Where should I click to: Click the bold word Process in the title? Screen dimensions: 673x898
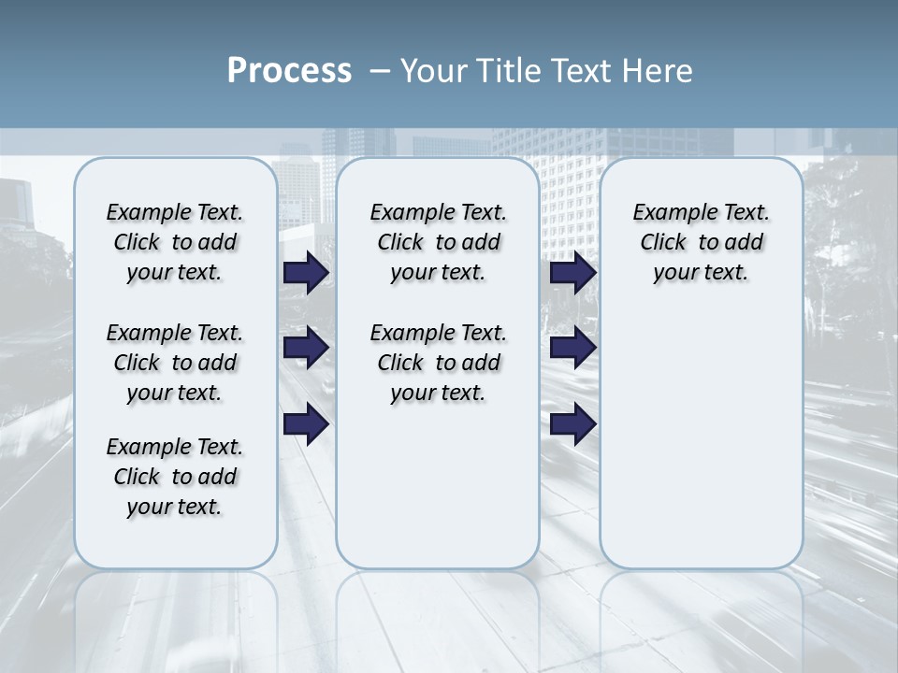coord(289,71)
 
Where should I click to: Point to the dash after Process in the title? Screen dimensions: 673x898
coord(381,72)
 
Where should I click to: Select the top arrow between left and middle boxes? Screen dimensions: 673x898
coord(306,273)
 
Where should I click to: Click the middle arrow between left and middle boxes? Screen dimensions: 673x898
coord(306,349)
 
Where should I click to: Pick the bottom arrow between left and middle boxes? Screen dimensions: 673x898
coord(306,424)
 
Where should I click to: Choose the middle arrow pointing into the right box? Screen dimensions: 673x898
coord(572,349)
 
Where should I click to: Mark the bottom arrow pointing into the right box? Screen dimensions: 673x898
coord(572,424)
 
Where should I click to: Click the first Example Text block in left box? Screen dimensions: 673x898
coord(175,242)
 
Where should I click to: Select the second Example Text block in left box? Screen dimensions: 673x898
coord(175,363)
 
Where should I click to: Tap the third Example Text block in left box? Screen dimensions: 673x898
coord(175,477)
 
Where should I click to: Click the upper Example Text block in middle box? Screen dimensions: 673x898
coord(438,242)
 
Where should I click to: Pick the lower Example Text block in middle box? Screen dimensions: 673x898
coord(438,363)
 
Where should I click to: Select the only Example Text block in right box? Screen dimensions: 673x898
coord(701,242)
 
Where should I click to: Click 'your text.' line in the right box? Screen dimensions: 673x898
coord(701,273)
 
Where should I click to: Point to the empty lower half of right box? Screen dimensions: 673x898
coord(701,449)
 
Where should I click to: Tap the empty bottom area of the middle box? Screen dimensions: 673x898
coord(438,495)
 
